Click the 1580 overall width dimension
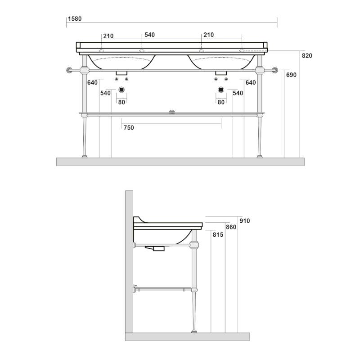(x=74, y=19)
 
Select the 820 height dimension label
(x=307, y=56)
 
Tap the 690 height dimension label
(x=291, y=75)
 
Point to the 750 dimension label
(x=129, y=128)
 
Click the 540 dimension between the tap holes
(x=149, y=35)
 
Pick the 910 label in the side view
(x=244, y=220)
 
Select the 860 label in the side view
(x=231, y=227)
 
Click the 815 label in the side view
(x=217, y=235)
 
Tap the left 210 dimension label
(x=108, y=36)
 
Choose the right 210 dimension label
(x=208, y=35)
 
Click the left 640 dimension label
(x=92, y=83)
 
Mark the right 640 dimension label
(x=251, y=83)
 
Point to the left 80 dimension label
(x=121, y=102)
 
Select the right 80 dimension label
(x=221, y=102)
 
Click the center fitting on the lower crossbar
(x=171, y=112)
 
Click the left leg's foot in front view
(x=84, y=157)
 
